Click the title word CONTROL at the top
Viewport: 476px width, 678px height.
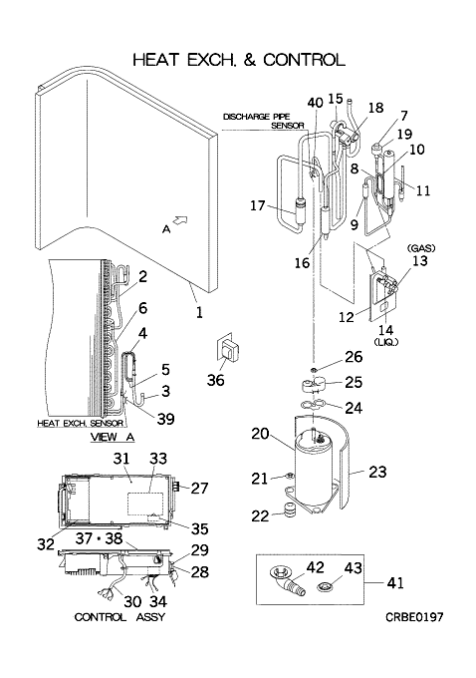pos(304,60)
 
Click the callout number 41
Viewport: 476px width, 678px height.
pos(395,582)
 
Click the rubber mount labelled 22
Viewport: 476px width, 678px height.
pos(288,508)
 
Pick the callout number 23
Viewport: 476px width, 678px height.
pos(377,472)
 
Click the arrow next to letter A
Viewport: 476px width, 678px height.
pos(181,220)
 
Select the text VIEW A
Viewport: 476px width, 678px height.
pos(113,437)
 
